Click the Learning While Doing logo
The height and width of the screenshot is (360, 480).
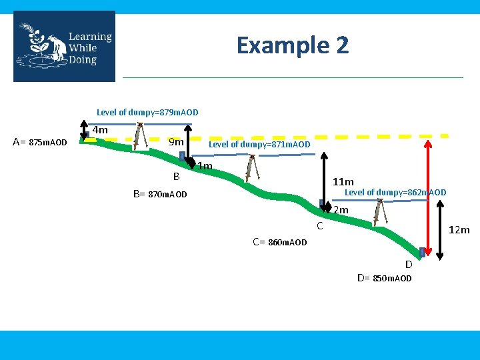coord(64,46)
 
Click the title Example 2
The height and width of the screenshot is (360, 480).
coord(292,45)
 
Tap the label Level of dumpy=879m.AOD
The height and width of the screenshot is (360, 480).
coord(147,112)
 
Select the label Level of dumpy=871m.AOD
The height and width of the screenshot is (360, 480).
coord(259,144)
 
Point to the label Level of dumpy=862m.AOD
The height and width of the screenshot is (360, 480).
coord(395,193)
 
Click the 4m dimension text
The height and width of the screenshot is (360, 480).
coord(100,131)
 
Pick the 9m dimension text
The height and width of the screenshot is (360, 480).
coord(176,141)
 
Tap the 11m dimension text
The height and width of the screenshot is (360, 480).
coord(343,181)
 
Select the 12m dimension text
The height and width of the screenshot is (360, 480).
coord(459,230)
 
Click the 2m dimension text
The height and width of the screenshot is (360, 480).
coord(341,211)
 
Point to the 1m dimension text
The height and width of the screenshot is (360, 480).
coord(205,166)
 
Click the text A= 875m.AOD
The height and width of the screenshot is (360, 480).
coord(40,142)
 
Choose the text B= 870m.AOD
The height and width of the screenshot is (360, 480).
coord(160,195)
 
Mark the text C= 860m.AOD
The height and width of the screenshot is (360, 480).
coord(280,242)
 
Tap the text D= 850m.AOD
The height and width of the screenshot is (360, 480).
coord(385,278)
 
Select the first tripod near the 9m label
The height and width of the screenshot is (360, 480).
coord(139,136)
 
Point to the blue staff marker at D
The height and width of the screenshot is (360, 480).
coord(422,252)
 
